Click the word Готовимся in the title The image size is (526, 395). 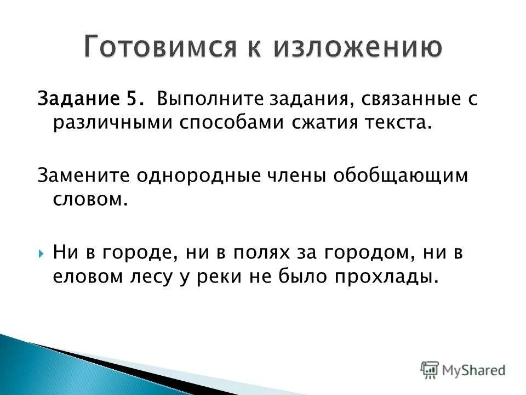(x=151, y=48)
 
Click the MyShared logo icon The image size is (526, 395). (x=430, y=369)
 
